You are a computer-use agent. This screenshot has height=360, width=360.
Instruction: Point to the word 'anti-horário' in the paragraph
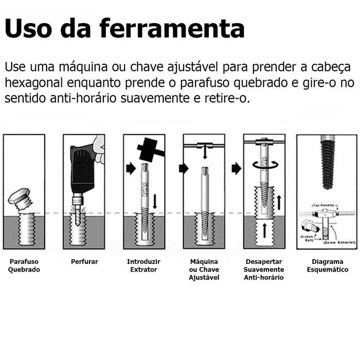point(82,98)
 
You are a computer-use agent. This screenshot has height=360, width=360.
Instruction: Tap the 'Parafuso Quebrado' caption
point(24,266)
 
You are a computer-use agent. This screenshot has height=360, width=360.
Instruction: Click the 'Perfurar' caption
point(84,262)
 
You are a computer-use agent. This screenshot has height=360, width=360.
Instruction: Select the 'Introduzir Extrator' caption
point(143,266)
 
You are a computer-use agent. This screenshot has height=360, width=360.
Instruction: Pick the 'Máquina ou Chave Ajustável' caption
point(204,269)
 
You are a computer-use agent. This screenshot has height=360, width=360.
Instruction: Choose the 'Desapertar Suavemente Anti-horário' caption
point(264,269)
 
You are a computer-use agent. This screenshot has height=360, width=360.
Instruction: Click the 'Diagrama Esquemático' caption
point(328,266)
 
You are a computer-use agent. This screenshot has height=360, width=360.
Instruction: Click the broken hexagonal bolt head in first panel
point(20,198)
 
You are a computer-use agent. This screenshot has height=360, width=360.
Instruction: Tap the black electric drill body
point(82,167)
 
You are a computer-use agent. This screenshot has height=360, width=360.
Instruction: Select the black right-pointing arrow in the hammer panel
point(131,168)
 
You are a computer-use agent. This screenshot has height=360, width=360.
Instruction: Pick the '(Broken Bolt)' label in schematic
point(308,238)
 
